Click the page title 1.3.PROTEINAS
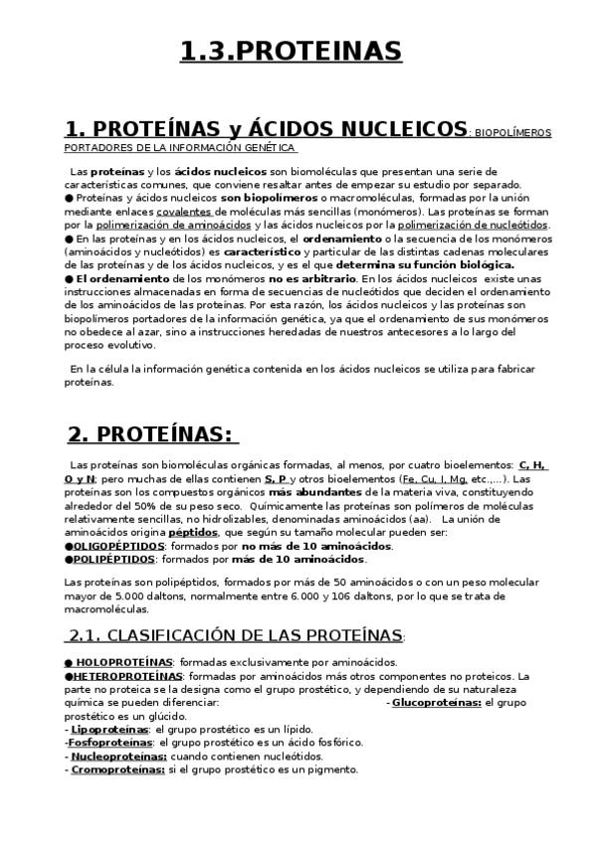[x=292, y=51]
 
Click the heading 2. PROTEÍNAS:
[x=151, y=434]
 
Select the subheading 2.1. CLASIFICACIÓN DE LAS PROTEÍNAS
[x=236, y=635]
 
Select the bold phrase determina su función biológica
[x=425, y=265]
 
